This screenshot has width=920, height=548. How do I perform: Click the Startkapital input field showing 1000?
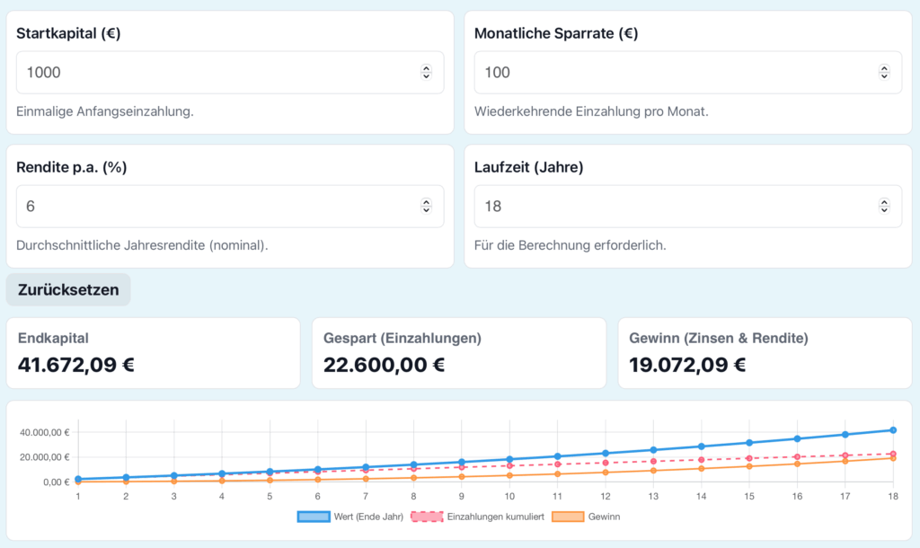pyautogui.click(x=216, y=72)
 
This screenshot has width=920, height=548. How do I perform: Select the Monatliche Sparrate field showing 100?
pyautogui.click(x=674, y=72)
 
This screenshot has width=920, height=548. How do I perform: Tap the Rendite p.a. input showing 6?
pyautogui.click(x=216, y=206)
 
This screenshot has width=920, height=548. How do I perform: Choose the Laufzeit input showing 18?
pyautogui.click(x=674, y=206)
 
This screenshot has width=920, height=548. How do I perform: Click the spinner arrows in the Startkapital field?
pyautogui.click(x=426, y=72)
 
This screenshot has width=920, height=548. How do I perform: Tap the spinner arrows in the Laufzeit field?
pyautogui.click(x=884, y=206)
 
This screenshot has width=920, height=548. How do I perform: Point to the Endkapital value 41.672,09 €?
pyautogui.click(x=76, y=365)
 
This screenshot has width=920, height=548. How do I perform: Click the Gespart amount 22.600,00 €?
pyautogui.click(x=384, y=365)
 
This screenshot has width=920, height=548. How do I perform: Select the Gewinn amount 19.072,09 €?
pyautogui.click(x=682, y=365)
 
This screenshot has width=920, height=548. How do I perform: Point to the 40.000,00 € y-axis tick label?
pyautogui.click(x=45, y=432)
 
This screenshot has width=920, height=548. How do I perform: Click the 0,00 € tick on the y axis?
pyautogui.click(x=55, y=482)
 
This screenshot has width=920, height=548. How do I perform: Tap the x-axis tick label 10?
pyautogui.click(x=509, y=496)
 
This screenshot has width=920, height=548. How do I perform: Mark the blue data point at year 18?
pyautogui.click(x=893, y=430)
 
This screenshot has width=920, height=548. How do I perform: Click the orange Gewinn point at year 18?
pyautogui.click(x=893, y=458)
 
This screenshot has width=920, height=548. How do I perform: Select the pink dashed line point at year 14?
pyautogui.click(x=701, y=460)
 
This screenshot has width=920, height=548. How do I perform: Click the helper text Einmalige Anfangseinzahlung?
pyautogui.click(x=105, y=112)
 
